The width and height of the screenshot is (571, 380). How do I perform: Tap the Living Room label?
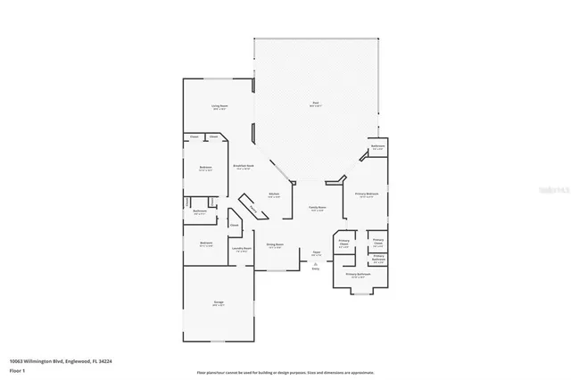219,106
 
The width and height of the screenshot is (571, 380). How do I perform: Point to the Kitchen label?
275,194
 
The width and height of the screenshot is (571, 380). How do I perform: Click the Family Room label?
318,208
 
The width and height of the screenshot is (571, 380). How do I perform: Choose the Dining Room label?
275,244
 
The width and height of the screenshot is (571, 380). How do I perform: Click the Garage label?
218,302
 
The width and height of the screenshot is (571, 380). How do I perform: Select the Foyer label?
316,252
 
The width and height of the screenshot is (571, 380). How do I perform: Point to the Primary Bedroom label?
367,194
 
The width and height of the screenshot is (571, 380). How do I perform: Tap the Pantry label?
255,211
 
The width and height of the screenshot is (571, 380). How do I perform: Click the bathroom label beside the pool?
378,146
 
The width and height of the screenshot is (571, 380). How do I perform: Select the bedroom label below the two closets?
205,167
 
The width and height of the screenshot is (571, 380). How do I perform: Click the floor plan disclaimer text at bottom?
285,371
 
